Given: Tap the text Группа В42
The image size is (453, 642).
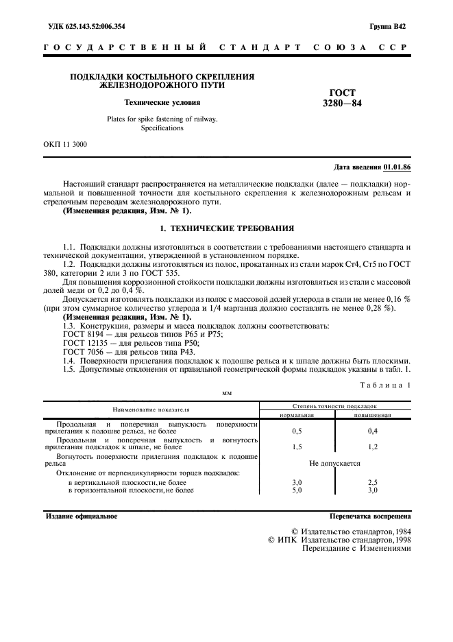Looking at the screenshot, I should [388, 27].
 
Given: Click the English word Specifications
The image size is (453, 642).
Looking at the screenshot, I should [162, 128].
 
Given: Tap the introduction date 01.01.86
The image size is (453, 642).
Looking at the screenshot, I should [397, 167].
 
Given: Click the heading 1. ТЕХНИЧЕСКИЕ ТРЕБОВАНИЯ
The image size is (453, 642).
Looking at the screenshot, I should [226, 228].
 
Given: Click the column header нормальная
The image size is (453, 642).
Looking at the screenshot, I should [297, 415].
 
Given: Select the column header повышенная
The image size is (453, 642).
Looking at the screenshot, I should [372, 415].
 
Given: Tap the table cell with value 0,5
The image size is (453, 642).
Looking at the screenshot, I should [297, 431].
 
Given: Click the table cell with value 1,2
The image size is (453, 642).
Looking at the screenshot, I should [372, 447].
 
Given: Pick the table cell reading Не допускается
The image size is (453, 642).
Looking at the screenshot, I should [334, 464].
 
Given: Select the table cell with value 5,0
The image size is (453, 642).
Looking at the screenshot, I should [297, 490].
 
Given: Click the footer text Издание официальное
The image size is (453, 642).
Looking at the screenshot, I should [80, 516].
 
